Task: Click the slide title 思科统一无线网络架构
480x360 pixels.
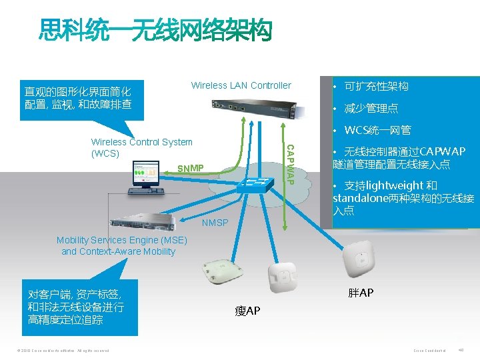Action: [x=156, y=30]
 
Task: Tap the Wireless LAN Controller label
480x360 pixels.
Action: [x=241, y=85]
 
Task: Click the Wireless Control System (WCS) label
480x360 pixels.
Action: [x=141, y=147]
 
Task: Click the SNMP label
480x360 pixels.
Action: [x=191, y=167]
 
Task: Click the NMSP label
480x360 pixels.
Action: [x=215, y=223]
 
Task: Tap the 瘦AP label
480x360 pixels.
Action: [x=247, y=311]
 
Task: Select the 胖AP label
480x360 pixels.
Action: [x=361, y=293]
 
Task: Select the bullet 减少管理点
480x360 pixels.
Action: [x=371, y=108]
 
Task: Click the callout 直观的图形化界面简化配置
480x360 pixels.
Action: [x=77, y=98]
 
